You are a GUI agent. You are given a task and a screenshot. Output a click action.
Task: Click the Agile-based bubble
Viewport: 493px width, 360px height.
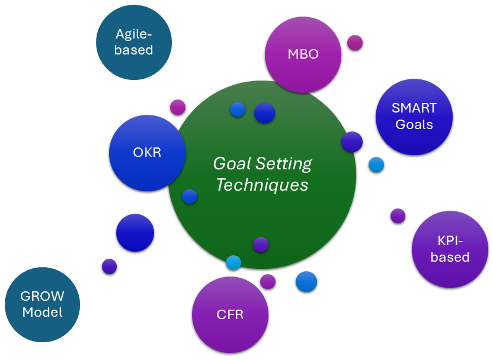(134, 43)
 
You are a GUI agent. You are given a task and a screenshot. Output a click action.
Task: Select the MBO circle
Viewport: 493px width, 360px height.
(303, 54)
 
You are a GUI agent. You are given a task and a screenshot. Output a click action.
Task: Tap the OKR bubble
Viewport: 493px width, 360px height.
(147, 153)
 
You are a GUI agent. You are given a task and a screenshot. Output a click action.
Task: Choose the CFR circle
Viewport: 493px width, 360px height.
(230, 314)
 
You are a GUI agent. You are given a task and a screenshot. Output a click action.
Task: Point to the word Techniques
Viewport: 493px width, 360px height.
(262, 185)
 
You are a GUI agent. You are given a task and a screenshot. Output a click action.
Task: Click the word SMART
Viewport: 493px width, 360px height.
(414, 108)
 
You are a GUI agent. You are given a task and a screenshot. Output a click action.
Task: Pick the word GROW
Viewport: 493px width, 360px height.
(42, 297)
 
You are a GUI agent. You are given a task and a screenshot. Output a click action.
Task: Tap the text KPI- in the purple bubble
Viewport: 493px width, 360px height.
(450, 241)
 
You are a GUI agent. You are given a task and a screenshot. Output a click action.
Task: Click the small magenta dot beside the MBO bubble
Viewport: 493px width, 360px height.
(355, 43)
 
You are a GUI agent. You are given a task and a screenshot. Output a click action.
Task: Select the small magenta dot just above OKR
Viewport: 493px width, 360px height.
(178, 107)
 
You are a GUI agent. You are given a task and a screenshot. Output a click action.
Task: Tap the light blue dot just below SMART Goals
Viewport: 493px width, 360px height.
(376, 165)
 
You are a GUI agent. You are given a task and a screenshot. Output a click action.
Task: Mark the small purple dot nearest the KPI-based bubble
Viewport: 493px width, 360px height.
(398, 216)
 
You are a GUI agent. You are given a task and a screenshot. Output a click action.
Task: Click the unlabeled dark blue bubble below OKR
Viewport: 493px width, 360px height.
(135, 233)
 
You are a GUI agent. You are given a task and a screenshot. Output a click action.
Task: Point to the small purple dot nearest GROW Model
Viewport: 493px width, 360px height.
(109, 266)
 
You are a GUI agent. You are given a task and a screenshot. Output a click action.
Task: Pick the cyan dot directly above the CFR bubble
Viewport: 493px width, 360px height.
(233, 262)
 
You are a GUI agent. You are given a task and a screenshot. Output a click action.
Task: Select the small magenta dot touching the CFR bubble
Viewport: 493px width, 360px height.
(268, 281)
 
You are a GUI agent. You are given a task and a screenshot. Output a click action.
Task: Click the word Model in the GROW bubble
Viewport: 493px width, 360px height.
(42, 312)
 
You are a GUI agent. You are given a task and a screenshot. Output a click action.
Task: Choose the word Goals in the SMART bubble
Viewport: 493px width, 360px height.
(414, 124)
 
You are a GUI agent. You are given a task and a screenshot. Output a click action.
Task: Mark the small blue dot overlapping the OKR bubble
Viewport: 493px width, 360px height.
(190, 197)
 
